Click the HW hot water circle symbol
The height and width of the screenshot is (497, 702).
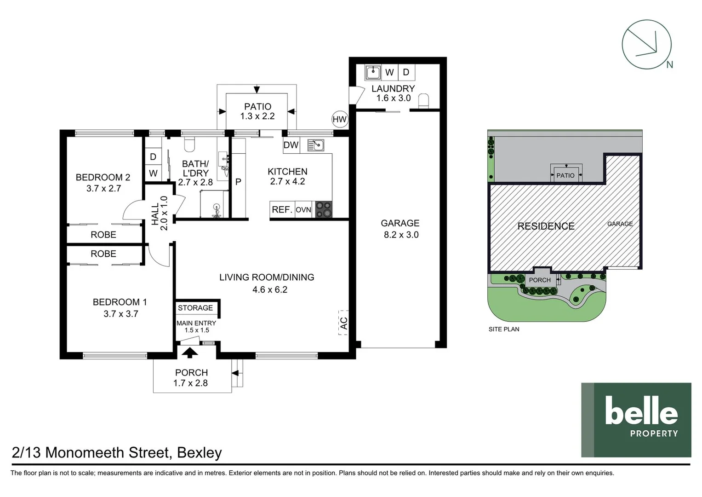(x=339, y=120)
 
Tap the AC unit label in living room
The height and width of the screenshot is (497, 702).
(x=343, y=323)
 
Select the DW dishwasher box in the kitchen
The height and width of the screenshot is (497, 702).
(x=291, y=145)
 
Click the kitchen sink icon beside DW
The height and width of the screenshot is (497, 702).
(x=316, y=146)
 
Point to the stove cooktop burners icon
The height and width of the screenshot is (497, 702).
(x=324, y=209)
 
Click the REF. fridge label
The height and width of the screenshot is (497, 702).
(x=282, y=210)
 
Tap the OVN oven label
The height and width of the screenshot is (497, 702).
(x=303, y=210)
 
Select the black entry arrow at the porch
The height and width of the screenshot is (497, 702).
(x=190, y=353)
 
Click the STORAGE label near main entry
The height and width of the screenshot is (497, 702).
(x=195, y=308)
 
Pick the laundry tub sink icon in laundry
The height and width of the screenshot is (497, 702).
(x=373, y=72)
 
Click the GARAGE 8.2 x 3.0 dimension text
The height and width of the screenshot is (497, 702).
(x=401, y=235)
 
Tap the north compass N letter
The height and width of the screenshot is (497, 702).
(x=669, y=65)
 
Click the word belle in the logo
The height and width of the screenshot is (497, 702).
(x=641, y=411)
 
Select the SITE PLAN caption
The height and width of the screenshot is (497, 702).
(x=504, y=329)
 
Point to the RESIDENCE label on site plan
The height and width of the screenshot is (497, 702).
(x=546, y=226)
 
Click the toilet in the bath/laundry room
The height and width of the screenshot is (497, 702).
(x=189, y=144)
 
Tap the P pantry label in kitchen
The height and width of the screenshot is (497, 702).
(x=238, y=182)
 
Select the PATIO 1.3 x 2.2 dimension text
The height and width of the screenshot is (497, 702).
(x=257, y=116)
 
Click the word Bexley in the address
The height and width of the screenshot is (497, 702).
(x=199, y=453)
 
